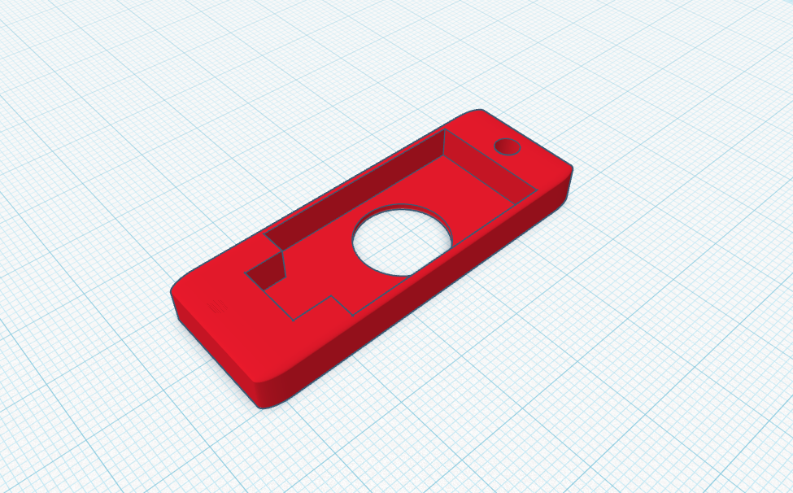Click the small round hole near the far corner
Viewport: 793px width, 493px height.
508,146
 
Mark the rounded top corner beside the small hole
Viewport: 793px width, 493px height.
476,113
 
